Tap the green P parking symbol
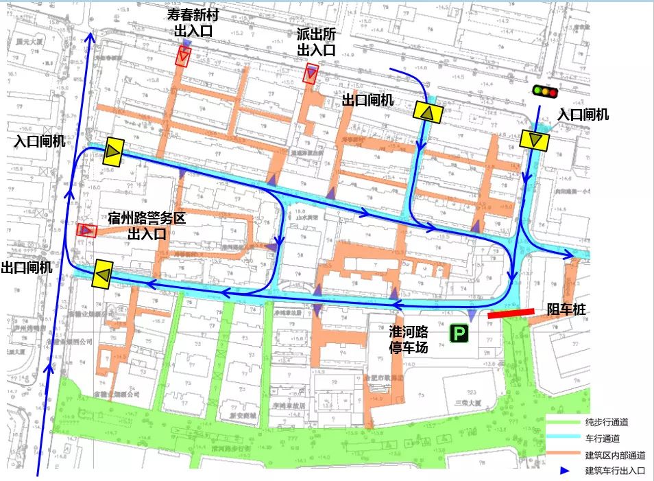pos(458,334)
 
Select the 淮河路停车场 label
pos(409,340)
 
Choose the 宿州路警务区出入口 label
pos(147,226)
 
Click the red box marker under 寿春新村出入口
pos(182,57)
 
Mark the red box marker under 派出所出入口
pos(311,73)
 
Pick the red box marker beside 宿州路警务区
pos(86,231)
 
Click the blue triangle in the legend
pos(564,471)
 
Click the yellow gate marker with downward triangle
pos(534,140)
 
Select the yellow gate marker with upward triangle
pos(428,113)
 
